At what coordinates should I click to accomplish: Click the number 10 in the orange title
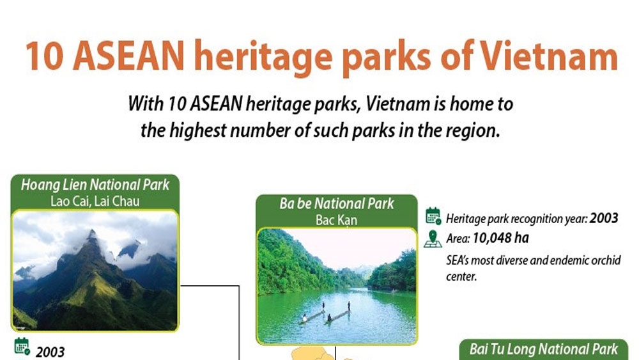(45, 56)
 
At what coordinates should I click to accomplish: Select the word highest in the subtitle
(197, 131)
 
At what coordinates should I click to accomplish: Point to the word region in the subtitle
(473, 131)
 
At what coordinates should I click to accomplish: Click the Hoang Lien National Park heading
(95, 185)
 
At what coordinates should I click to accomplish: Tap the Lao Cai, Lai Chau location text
(95, 201)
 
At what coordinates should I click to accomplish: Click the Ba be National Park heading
(337, 203)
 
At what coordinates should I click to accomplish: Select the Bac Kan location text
(336, 220)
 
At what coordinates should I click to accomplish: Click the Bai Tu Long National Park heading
(544, 349)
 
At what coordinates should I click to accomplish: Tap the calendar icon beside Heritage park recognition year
(433, 216)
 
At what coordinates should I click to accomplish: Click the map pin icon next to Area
(433, 239)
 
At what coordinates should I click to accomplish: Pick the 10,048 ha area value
(500, 238)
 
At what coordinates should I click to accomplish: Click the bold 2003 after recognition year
(604, 219)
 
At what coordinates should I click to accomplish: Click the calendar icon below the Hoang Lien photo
(22, 347)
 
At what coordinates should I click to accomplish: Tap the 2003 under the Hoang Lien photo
(50, 352)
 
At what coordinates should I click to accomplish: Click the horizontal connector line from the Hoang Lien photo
(210, 286)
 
